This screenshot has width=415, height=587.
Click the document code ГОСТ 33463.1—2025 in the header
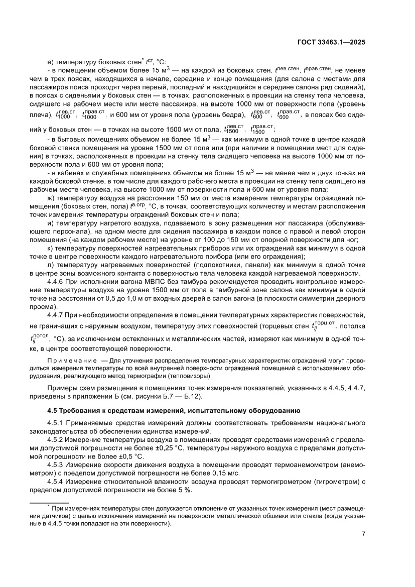331,42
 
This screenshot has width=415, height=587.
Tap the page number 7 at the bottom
363,534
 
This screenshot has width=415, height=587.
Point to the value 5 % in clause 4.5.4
184,490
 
